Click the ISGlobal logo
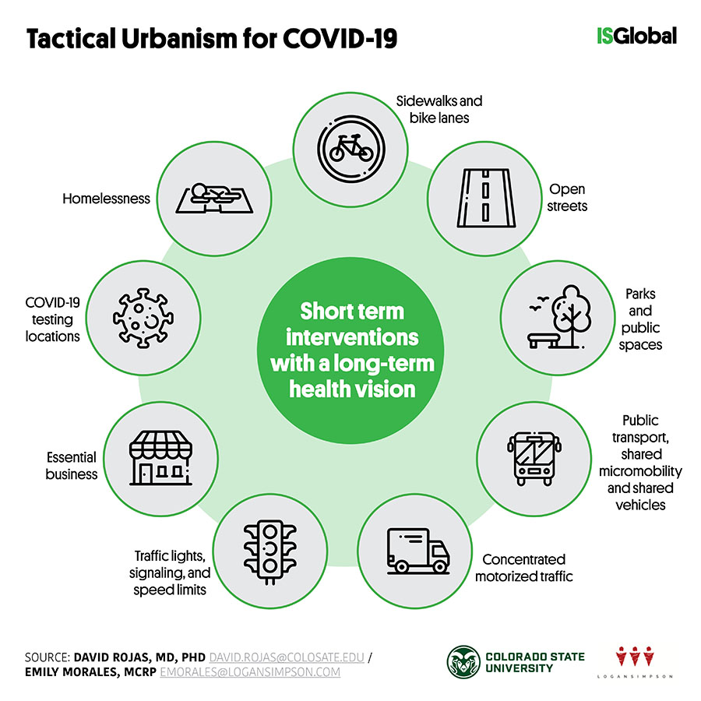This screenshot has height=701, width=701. (x=636, y=36)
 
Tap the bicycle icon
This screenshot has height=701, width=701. (x=351, y=149)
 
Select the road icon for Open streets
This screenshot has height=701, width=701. (x=486, y=198)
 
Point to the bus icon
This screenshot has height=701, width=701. (x=534, y=459)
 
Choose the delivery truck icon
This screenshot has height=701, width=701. (x=418, y=551)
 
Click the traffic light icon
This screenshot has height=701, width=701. (x=270, y=551)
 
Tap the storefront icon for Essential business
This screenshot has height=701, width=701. (x=161, y=458)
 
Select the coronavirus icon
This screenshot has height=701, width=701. (x=143, y=318)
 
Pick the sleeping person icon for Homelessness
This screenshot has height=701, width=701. (x=215, y=199)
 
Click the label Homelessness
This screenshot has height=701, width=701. (x=107, y=199)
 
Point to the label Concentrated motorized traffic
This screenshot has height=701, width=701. (x=524, y=568)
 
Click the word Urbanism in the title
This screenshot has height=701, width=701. (x=178, y=38)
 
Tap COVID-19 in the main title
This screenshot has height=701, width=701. (x=340, y=38)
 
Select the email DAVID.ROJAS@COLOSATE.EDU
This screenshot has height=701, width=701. (x=287, y=657)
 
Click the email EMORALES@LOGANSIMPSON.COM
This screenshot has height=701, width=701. (x=250, y=672)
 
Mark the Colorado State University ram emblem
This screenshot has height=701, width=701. (x=463, y=663)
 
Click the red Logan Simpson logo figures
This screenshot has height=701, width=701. (x=635, y=657)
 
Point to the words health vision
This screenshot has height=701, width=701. (x=352, y=389)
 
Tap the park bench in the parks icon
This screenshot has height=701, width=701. (x=543, y=340)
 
